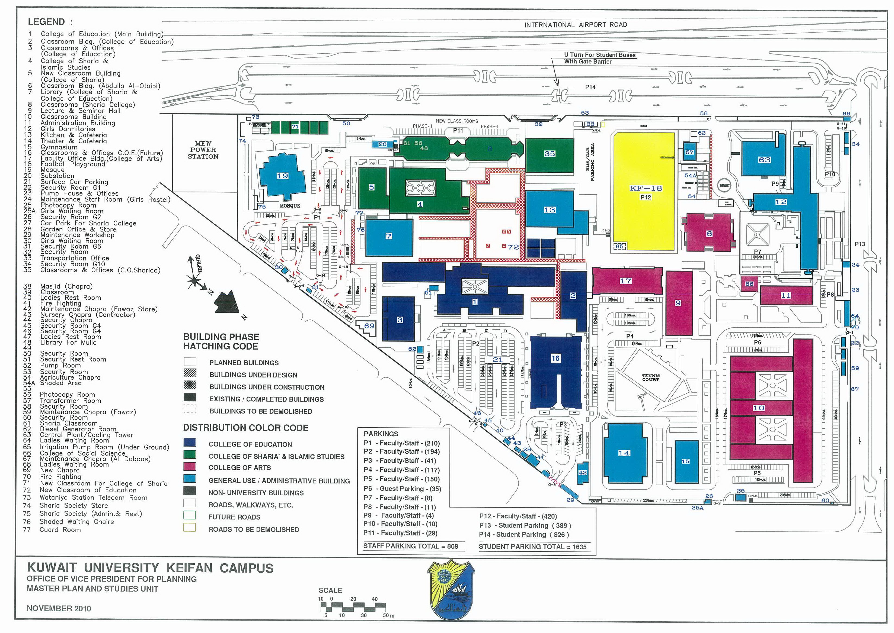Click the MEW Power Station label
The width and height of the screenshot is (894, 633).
pyautogui.click(x=203, y=150)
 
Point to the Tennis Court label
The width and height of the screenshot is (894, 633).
pyautogui.click(x=651, y=377)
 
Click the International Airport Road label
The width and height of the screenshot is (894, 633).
pyautogui.click(x=575, y=25)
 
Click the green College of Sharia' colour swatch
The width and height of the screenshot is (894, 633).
pyautogui.click(x=190, y=455)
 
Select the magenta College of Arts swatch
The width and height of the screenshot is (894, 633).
pyautogui.click(x=190, y=467)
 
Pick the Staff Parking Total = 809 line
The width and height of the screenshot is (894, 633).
pyautogui.click(x=410, y=546)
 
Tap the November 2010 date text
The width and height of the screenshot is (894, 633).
pyautogui.click(x=59, y=608)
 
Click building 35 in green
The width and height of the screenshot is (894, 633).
pyautogui.click(x=549, y=154)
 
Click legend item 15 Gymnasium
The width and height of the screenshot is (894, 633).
pyautogui.click(x=59, y=147)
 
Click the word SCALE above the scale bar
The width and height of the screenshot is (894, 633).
pyautogui.click(x=330, y=590)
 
